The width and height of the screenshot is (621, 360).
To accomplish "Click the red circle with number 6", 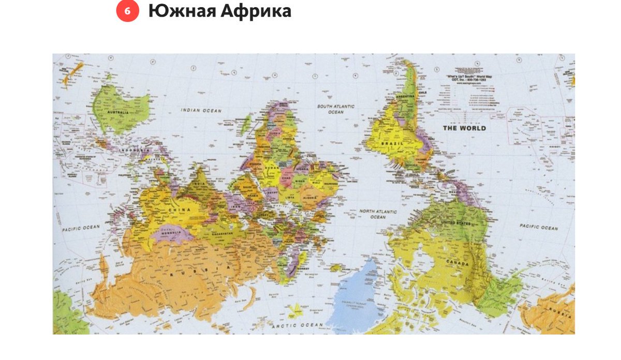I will [x=127, y=11].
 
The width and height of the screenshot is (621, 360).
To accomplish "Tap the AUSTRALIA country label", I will [x=119, y=112].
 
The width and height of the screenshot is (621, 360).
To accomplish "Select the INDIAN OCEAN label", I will [x=201, y=110].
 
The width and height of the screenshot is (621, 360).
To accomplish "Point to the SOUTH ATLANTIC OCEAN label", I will [x=336, y=109].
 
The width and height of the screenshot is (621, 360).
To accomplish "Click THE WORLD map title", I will [x=464, y=128].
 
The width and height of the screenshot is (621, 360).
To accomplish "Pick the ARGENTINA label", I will [x=405, y=97].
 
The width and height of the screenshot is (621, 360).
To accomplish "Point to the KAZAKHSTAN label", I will [x=232, y=234].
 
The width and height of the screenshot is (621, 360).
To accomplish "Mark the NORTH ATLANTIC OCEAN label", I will [x=378, y=214].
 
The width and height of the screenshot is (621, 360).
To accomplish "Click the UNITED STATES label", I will [x=455, y=223].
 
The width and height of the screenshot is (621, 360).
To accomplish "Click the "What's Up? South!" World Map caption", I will [x=464, y=77].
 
